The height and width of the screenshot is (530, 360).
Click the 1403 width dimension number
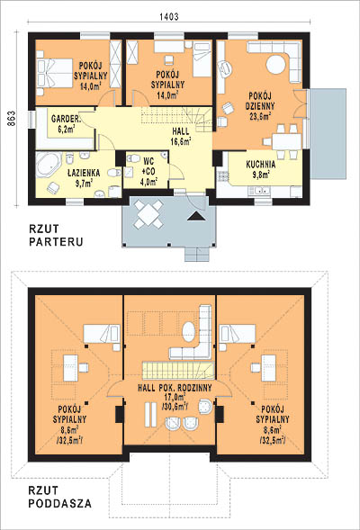tap(168, 16)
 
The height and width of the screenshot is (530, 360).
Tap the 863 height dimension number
tap(12, 119)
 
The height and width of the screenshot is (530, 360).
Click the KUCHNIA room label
tap(261, 165)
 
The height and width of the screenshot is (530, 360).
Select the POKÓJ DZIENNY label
tap(260, 101)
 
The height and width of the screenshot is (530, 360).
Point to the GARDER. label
tap(67, 119)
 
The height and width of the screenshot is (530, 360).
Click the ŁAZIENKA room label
tap(84, 173)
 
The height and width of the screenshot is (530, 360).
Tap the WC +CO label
tap(148, 166)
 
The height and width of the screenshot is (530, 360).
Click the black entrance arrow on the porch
tap(197, 216)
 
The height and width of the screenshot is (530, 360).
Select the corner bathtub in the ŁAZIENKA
tap(49, 165)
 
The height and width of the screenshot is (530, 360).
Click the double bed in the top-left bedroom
tap(55, 73)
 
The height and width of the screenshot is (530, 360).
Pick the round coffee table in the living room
tap(276, 64)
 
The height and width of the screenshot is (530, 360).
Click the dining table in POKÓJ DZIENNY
tap(286, 141)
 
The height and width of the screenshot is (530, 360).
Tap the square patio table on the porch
tap(148, 214)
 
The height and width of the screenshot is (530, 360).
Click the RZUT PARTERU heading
tap(56, 236)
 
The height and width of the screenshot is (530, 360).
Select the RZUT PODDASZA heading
tap(59, 497)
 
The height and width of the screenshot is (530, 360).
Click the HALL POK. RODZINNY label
tap(175, 388)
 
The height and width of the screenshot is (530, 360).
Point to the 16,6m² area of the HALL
tap(181, 140)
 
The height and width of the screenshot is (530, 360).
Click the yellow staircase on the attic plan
tap(178, 370)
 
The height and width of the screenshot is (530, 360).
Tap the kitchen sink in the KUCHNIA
tap(259, 191)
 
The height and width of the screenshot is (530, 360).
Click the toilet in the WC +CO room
tap(133, 157)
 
